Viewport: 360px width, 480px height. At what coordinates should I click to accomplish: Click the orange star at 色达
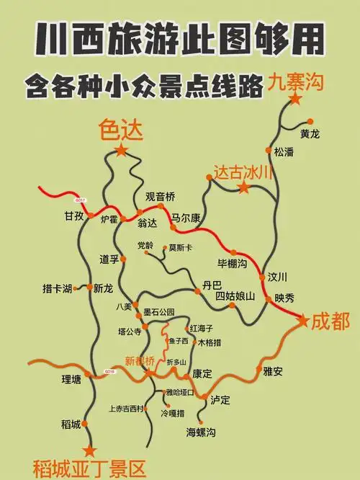point(121,150)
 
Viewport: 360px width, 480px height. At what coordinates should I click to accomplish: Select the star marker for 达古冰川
point(244,188)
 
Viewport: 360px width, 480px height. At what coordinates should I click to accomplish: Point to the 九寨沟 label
point(297,82)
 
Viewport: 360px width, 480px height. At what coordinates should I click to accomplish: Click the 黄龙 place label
point(310,133)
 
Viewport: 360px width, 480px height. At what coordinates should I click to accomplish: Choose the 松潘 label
point(284,152)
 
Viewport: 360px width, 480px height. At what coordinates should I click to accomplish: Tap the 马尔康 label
point(186,217)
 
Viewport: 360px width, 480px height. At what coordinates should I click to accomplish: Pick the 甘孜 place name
point(74,216)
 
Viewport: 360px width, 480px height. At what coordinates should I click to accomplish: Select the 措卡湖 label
point(57,289)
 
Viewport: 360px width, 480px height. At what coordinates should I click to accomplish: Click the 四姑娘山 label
point(235,295)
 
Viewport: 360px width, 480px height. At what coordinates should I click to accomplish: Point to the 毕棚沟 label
point(232,262)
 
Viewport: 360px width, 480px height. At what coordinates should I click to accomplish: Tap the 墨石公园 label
point(158,312)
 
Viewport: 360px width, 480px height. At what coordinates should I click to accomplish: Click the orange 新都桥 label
point(140,360)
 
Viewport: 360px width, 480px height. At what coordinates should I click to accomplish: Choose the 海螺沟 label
point(201,432)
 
